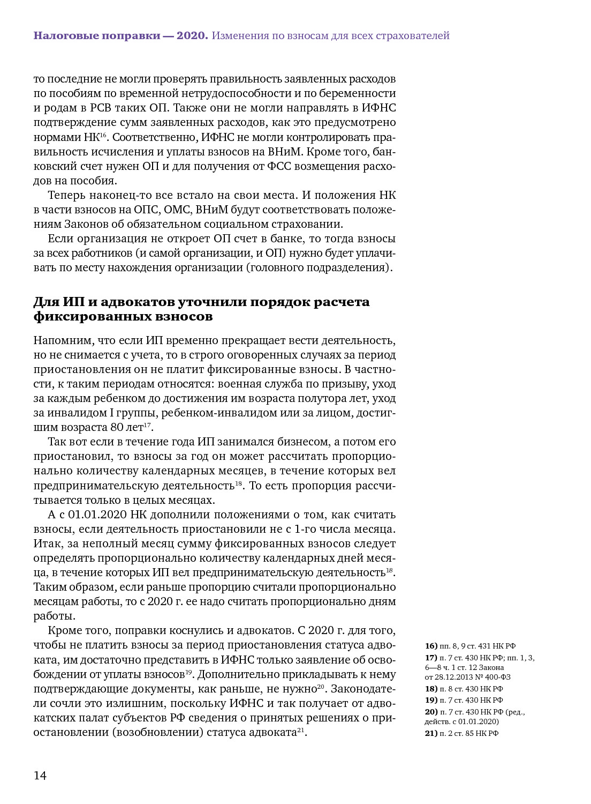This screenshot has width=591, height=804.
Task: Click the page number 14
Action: [40, 776]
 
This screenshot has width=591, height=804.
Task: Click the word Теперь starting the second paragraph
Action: [66, 195]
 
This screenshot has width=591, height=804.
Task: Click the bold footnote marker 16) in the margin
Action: [431, 646]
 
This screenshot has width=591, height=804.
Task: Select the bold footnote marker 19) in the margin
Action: [431, 700]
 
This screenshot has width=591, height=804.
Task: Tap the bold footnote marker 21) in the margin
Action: [431, 733]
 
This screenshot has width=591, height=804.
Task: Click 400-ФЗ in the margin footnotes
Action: [498, 677]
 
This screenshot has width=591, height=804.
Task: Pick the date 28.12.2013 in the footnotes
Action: [454, 677]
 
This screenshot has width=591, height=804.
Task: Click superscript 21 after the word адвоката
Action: [301, 729]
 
